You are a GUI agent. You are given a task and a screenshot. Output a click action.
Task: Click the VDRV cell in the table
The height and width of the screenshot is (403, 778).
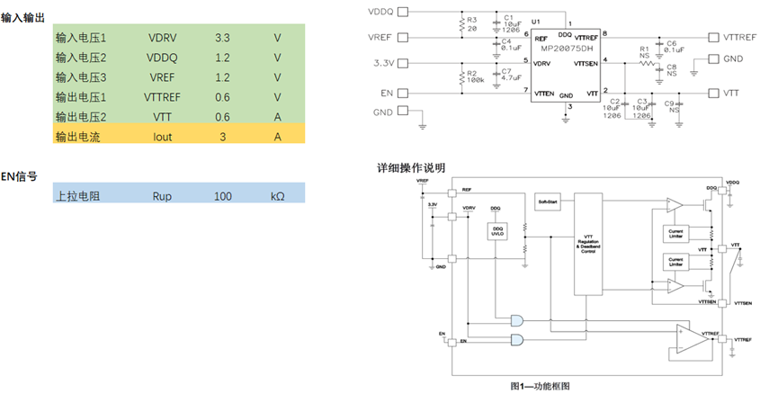(164, 39)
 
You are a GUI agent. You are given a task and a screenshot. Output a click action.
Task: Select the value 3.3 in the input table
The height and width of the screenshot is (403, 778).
(222, 39)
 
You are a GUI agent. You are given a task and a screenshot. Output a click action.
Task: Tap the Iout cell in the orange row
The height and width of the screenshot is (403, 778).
(162, 137)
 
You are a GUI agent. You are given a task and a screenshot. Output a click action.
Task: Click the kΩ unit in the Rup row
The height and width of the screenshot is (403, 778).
(278, 195)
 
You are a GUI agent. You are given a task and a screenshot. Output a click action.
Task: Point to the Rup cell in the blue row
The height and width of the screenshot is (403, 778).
(162, 195)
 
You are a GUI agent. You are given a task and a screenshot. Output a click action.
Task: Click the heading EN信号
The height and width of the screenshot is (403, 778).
(19, 176)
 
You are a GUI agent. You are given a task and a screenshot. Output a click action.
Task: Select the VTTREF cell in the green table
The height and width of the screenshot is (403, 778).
(163, 97)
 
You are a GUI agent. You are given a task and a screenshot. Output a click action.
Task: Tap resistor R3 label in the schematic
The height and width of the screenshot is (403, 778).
(472, 22)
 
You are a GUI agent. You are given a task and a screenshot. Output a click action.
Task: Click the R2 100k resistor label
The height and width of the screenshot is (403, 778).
(473, 76)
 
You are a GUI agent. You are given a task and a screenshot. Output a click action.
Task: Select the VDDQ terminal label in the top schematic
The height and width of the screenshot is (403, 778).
(382, 12)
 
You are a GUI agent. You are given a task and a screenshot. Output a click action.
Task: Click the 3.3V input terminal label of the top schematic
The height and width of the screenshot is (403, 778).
(384, 64)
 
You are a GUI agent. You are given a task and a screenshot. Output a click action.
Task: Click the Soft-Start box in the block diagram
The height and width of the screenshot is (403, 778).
(548, 202)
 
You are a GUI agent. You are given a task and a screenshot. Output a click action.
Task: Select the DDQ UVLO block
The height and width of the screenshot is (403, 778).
(497, 231)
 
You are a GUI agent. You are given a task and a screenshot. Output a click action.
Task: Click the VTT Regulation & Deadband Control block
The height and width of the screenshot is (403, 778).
(588, 243)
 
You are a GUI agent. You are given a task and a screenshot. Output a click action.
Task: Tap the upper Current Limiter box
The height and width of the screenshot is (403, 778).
(675, 234)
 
